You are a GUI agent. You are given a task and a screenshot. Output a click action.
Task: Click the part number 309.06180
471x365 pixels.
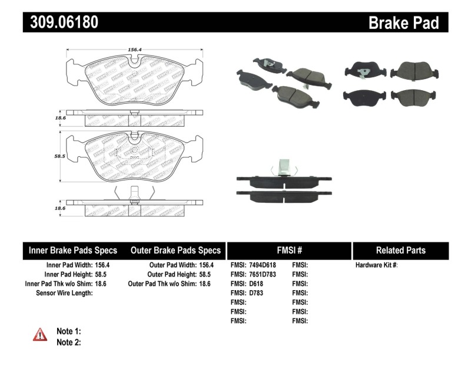click(x=61, y=22)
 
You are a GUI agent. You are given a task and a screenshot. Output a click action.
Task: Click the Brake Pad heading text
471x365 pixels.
click(x=403, y=22)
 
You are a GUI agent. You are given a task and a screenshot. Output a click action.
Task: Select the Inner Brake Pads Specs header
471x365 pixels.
click(x=73, y=250)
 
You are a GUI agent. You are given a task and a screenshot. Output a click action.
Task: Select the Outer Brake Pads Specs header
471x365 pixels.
click(x=175, y=250)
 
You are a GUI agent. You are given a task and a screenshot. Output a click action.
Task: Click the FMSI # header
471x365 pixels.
click(x=289, y=250)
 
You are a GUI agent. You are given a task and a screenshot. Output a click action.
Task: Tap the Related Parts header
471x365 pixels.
click(x=401, y=250)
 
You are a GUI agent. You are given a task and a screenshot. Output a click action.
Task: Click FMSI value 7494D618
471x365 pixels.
click(x=262, y=265)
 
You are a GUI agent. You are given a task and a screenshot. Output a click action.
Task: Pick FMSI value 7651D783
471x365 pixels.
click(x=262, y=274)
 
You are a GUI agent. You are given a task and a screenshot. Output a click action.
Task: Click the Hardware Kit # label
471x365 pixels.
click(x=377, y=265)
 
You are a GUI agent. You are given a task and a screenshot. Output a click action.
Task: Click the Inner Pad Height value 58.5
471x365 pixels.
click(x=103, y=274)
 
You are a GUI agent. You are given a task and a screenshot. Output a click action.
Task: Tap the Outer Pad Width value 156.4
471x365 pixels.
click(x=206, y=265)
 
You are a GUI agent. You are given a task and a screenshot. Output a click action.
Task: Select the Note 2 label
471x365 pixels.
click(x=68, y=341)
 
